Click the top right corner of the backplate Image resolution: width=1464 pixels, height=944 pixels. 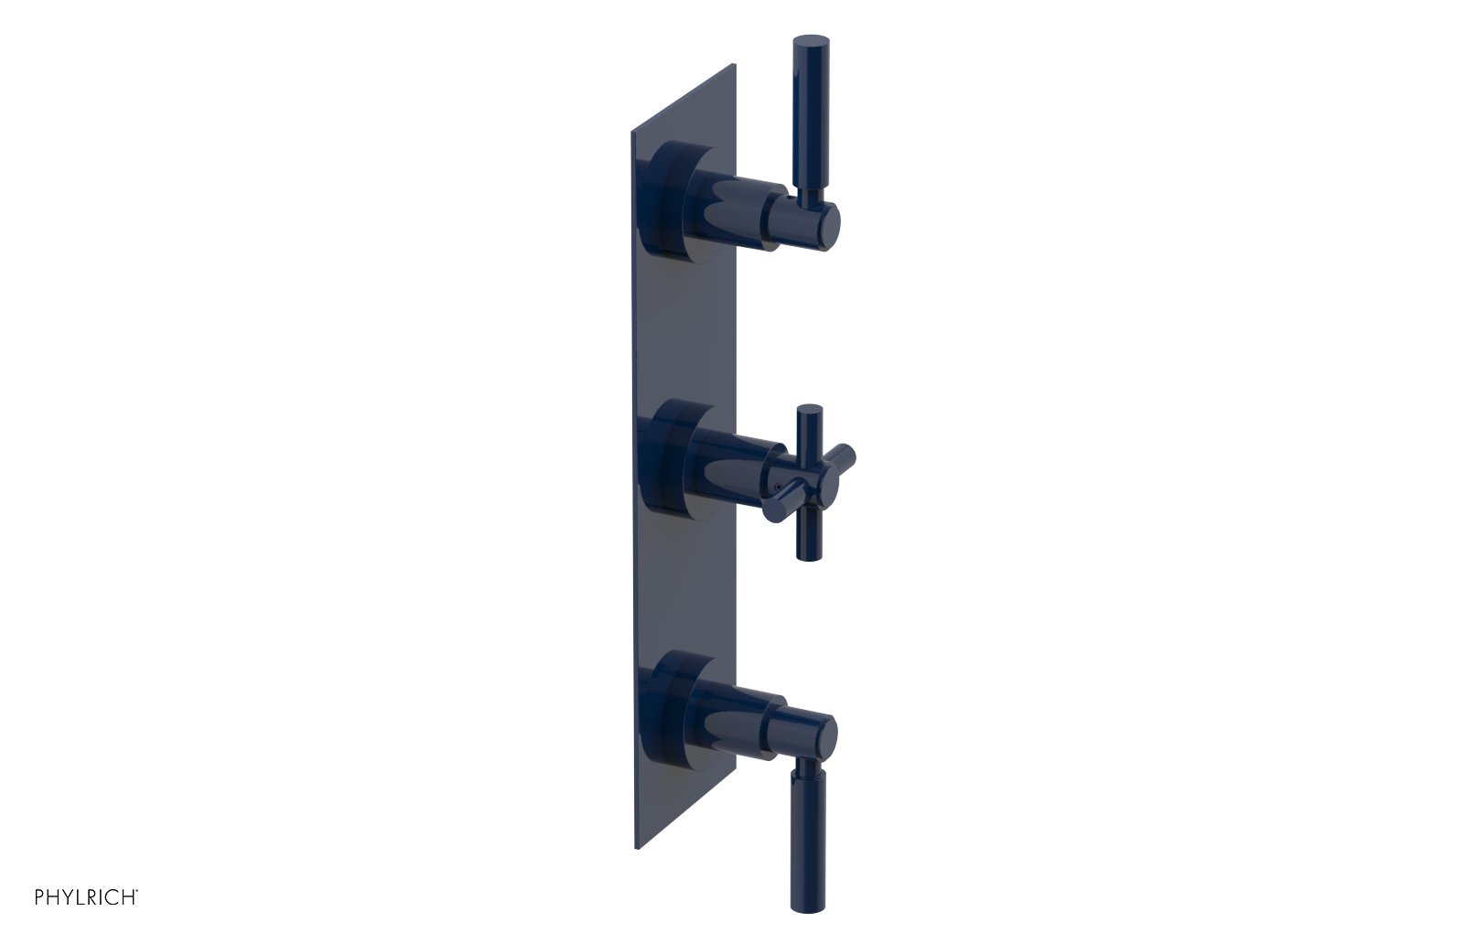coord(734,65)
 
